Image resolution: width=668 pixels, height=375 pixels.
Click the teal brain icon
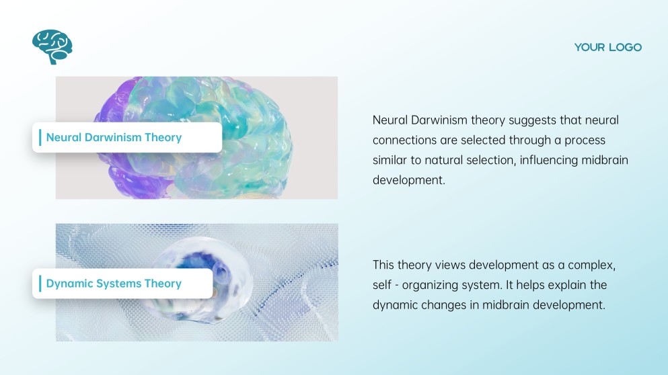[52, 46]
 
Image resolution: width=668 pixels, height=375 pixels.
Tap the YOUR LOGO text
[607, 47]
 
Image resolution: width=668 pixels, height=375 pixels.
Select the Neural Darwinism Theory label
[114, 138]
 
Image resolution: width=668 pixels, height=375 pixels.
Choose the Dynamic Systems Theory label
[114, 284]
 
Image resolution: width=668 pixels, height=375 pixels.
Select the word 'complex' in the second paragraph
[591, 265]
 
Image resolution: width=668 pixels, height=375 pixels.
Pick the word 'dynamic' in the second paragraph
[396, 305]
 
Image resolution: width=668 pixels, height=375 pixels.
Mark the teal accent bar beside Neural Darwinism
[40, 138]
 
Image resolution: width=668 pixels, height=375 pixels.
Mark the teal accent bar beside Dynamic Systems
[40, 284]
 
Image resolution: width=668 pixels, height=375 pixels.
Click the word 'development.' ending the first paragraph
[408, 180]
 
